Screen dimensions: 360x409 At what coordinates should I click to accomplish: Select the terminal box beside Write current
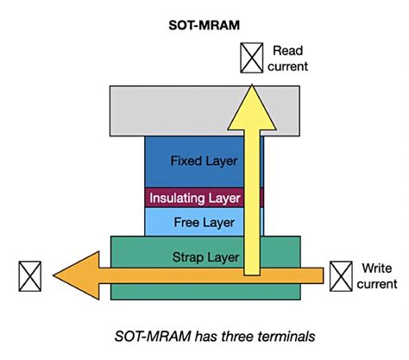pyautogui.click(x=340, y=275)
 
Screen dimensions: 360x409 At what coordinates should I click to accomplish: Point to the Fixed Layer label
pyautogui.click(x=204, y=161)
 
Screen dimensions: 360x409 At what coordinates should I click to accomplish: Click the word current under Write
pyautogui.click(x=378, y=283)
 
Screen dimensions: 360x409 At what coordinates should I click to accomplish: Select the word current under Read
pyautogui.click(x=288, y=66)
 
